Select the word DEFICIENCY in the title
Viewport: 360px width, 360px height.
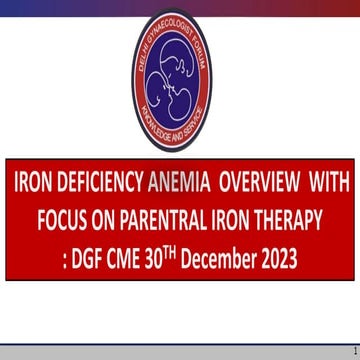99,186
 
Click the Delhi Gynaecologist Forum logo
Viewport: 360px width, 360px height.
180,74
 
